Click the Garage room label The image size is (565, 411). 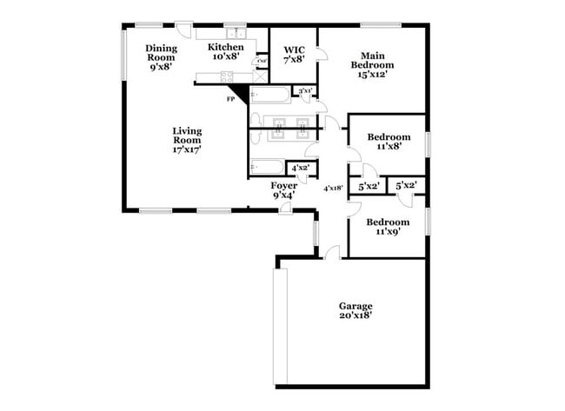(x=356, y=306)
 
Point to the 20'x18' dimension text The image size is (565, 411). (x=356, y=315)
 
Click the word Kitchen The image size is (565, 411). (x=225, y=47)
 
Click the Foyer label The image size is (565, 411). (x=284, y=186)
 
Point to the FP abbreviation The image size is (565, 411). (x=230, y=100)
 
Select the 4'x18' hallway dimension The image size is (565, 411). (x=333, y=187)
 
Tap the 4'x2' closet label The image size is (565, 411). (x=300, y=168)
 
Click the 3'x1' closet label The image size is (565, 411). (x=304, y=90)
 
